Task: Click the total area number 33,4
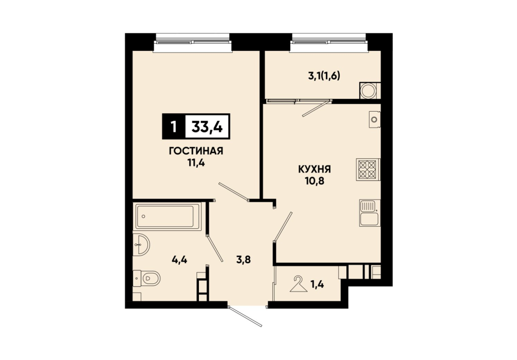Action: [208, 126]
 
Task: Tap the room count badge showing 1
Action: [173, 127]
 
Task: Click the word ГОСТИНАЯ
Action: [196, 151]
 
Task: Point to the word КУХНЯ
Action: [315, 170]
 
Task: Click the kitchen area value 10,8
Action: [315, 181]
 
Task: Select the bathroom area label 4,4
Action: [179, 260]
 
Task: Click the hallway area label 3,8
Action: [243, 260]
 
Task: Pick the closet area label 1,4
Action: [317, 284]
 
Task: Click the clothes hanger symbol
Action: [299, 284]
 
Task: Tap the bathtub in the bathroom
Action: [168, 217]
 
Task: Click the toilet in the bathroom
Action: [146, 279]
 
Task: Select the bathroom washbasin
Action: [141, 244]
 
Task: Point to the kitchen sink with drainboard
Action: [370, 213]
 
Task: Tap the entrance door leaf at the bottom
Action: [246, 316]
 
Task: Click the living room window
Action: [193, 43]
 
